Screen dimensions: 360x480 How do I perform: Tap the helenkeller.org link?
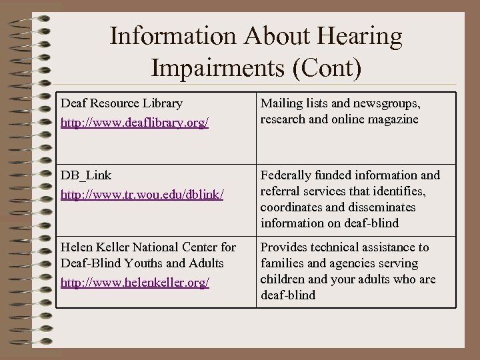[x=134, y=283]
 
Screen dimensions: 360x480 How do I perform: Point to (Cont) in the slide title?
[x=324, y=67]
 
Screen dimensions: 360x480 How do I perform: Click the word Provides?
[x=284, y=247]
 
